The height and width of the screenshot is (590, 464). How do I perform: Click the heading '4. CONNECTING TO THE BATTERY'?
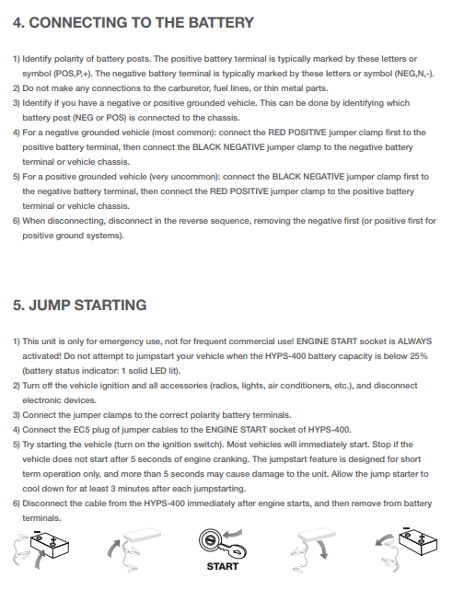point(133,21)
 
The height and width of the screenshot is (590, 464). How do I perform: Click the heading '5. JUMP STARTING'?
point(79,305)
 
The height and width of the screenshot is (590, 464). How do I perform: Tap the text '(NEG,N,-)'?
point(412,72)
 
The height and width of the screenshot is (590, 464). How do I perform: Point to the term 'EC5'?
point(77,429)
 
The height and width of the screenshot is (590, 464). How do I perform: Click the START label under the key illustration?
point(222,566)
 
